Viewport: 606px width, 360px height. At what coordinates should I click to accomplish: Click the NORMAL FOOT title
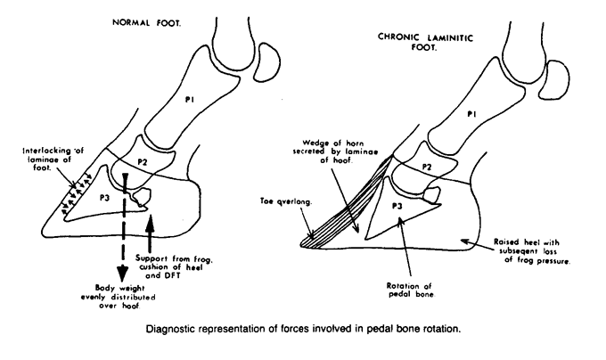click(146, 23)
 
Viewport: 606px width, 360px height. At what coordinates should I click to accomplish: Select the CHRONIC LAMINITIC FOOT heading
click(425, 43)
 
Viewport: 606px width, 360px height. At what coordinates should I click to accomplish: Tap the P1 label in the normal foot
click(189, 100)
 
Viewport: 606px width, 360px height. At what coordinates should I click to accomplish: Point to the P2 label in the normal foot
click(143, 162)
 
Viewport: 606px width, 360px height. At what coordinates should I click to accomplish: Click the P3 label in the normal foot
click(105, 198)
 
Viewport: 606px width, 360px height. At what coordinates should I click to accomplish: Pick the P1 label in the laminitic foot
click(471, 114)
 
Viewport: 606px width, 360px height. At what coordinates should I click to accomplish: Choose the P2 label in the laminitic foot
click(427, 167)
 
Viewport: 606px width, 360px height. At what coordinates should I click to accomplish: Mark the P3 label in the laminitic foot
click(397, 206)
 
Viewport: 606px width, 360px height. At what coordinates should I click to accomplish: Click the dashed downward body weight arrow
click(123, 228)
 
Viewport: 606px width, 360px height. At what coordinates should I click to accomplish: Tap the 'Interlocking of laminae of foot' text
click(53, 160)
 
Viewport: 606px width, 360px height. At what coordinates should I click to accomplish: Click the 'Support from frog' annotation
click(174, 267)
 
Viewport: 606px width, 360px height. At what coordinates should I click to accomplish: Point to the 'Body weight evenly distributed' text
click(119, 297)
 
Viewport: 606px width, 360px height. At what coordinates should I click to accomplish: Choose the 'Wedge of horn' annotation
click(335, 151)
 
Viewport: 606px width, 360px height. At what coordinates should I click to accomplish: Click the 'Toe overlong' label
click(285, 201)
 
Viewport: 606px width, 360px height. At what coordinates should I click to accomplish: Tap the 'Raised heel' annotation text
click(532, 251)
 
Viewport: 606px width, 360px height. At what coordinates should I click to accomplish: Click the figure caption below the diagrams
click(303, 329)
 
